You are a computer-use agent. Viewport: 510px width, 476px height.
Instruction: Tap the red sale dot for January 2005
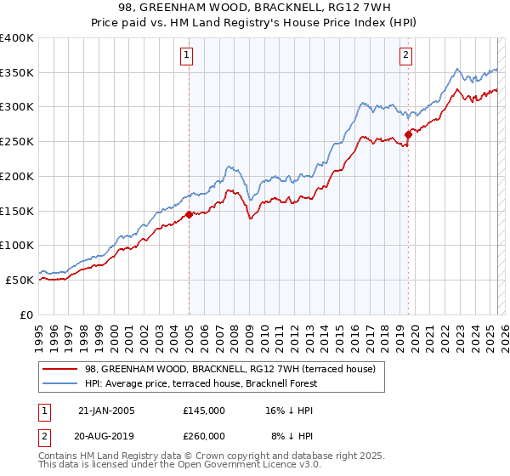click(x=189, y=214)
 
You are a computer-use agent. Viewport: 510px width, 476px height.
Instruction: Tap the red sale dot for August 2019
click(x=408, y=133)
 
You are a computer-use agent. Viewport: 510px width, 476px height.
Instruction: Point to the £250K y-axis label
click(x=16, y=142)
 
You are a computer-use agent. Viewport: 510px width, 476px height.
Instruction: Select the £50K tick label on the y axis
click(x=20, y=280)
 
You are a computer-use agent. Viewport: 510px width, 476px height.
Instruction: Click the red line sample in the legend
click(x=60, y=368)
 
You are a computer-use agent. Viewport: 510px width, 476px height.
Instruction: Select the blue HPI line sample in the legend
click(x=60, y=383)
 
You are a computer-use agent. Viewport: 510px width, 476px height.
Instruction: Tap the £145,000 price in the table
click(x=203, y=410)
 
